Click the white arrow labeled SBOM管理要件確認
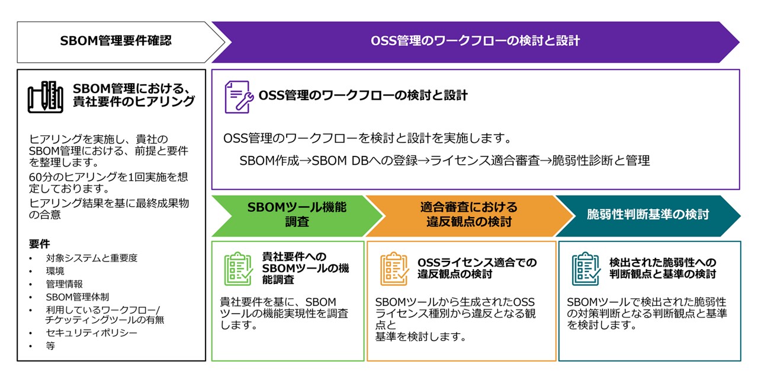point(116,42)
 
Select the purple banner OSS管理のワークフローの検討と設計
point(475,42)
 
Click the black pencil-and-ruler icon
point(46,97)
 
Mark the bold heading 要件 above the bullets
point(39,244)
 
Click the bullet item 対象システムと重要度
point(91,258)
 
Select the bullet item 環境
point(55,271)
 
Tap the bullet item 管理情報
point(64,284)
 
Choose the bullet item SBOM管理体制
point(77,296)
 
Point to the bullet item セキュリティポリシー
point(91,333)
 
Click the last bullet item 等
point(50,346)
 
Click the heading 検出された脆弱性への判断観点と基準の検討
point(663,268)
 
